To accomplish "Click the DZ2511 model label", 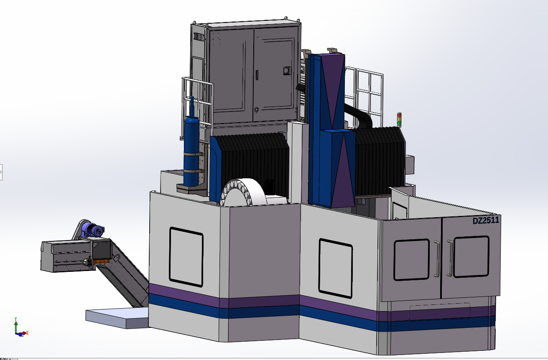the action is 486,221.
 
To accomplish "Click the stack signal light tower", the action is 399,120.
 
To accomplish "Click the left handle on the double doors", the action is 436,259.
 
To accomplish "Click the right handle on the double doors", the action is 450,258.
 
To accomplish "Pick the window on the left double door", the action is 411,259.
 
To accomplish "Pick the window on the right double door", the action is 471,256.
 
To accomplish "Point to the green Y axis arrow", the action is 16,325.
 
